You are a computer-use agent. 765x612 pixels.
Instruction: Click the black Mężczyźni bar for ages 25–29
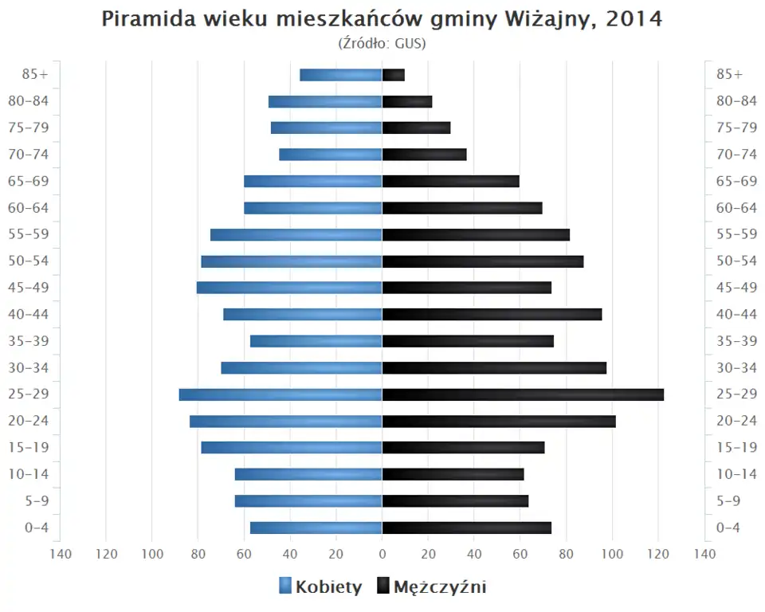point(522,394)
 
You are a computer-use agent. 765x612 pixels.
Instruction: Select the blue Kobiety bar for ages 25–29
point(280,394)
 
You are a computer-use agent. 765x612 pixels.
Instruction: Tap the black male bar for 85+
point(394,75)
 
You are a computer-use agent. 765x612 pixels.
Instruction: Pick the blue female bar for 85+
point(341,75)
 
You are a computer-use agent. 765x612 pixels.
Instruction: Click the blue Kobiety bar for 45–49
point(289,288)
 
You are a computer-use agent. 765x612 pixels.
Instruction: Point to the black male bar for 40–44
point(492,314)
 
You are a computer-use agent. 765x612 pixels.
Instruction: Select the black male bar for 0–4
point(466,528)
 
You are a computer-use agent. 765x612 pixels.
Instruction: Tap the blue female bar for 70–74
point(331,155)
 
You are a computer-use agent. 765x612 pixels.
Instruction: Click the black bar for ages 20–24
point(499,421)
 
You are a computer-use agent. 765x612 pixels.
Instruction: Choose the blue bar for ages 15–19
point(292,447)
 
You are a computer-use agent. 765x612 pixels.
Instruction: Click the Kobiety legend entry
point(320,587)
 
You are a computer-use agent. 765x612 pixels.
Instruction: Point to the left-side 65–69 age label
point(29,181)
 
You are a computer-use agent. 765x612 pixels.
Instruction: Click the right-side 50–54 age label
point(736,261)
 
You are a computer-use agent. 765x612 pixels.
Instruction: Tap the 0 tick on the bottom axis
point(382,553)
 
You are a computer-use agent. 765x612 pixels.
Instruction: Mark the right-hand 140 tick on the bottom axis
point(704,553)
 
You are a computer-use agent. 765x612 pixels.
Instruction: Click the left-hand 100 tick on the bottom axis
point(152,553)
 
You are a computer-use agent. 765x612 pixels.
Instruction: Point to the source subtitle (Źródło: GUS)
point(382,43)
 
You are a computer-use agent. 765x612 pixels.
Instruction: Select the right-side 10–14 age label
point(736,474)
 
